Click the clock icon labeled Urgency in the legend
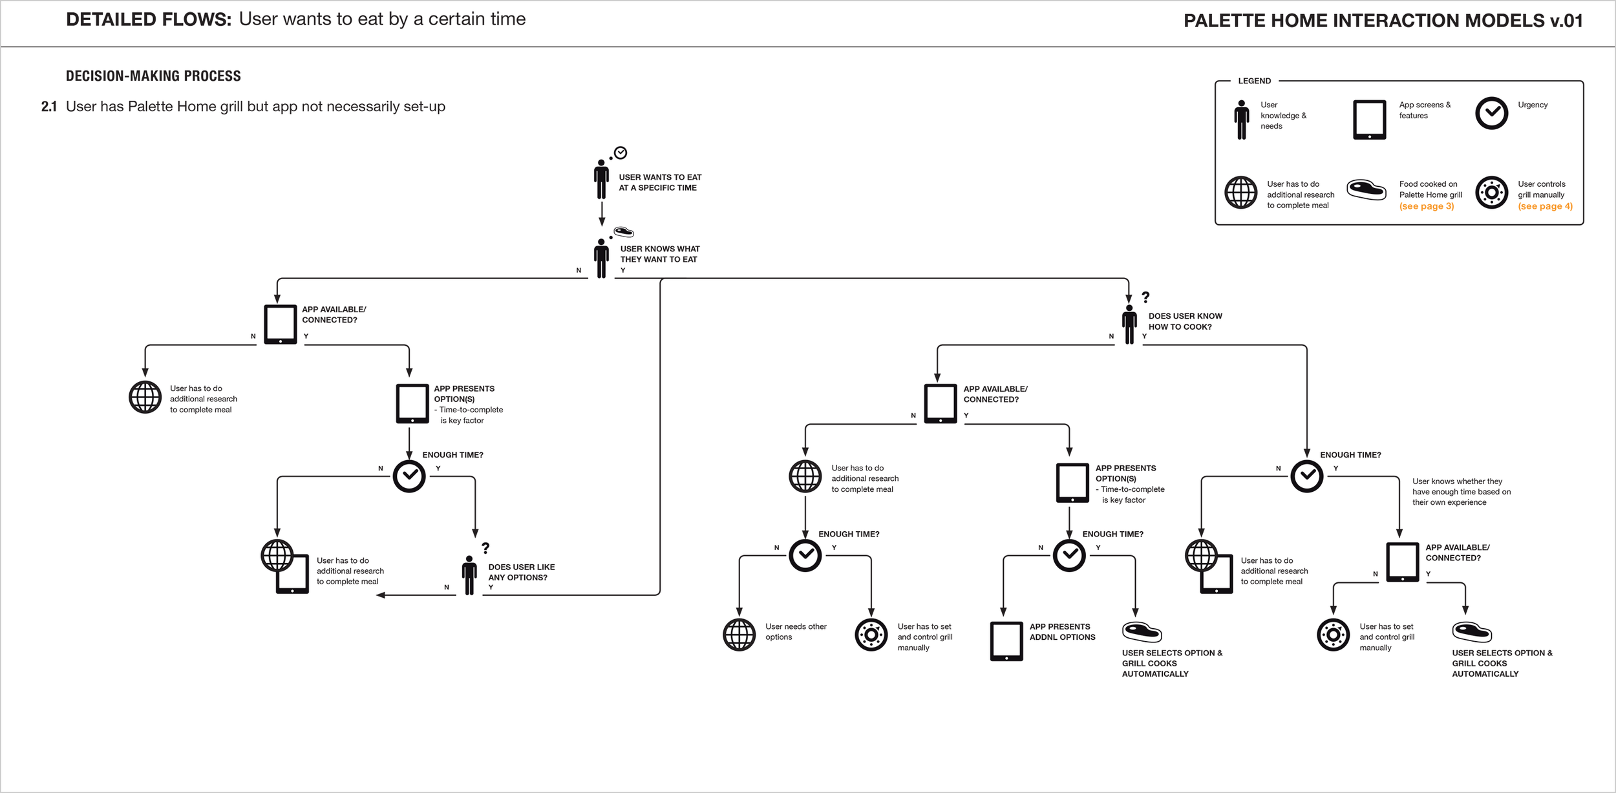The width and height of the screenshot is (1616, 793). coord(1491,114)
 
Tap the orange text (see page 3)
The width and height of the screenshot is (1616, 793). coord(1427,206)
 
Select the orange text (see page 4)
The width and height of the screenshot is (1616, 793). coord(1545,206)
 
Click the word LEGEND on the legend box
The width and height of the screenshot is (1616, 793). coord(1254,81)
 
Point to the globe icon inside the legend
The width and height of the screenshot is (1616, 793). coord(1240,193)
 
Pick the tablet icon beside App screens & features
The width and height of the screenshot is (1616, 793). coord(1369,120)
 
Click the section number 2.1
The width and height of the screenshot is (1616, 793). coord(49,107)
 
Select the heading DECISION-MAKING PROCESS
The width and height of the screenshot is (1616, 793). coord(153,76)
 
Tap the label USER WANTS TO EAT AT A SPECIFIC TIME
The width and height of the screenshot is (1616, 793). coord(659,182)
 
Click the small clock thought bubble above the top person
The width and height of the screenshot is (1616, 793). coord(620,153)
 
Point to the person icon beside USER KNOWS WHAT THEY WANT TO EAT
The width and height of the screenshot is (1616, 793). coord(601,259)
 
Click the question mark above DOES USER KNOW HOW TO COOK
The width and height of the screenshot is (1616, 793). coord(1145,297)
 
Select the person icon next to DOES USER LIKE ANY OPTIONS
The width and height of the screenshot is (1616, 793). coord(469,575)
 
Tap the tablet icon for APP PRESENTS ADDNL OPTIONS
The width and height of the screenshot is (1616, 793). coord(1006,640)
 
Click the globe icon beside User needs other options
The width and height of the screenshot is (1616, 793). coord(739,635)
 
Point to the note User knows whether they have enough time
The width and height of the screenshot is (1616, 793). coord(1461,492)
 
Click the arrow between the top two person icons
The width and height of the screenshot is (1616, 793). coord(602,213)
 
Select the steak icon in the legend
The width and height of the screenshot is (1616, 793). coord(1366,190)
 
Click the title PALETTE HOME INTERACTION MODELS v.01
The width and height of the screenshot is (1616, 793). coord(1383,21)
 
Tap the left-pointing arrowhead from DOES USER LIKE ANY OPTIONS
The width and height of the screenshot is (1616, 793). coord(381,595)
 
